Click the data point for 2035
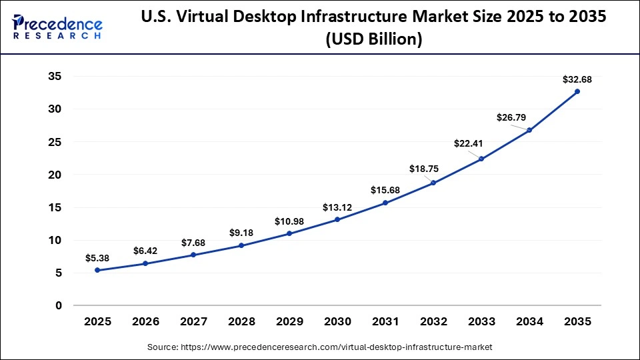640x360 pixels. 577,91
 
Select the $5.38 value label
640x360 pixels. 97,258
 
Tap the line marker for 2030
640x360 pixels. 337,219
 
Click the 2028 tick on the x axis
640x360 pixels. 241,321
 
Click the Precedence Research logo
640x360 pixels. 57,27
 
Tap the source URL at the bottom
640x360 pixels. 320,347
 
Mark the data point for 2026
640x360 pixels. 145,263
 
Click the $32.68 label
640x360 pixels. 576,79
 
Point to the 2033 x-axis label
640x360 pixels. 481,321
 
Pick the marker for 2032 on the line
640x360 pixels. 433,183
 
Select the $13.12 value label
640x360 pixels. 337,207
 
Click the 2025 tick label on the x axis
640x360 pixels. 97,321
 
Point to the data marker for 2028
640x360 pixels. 241,245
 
